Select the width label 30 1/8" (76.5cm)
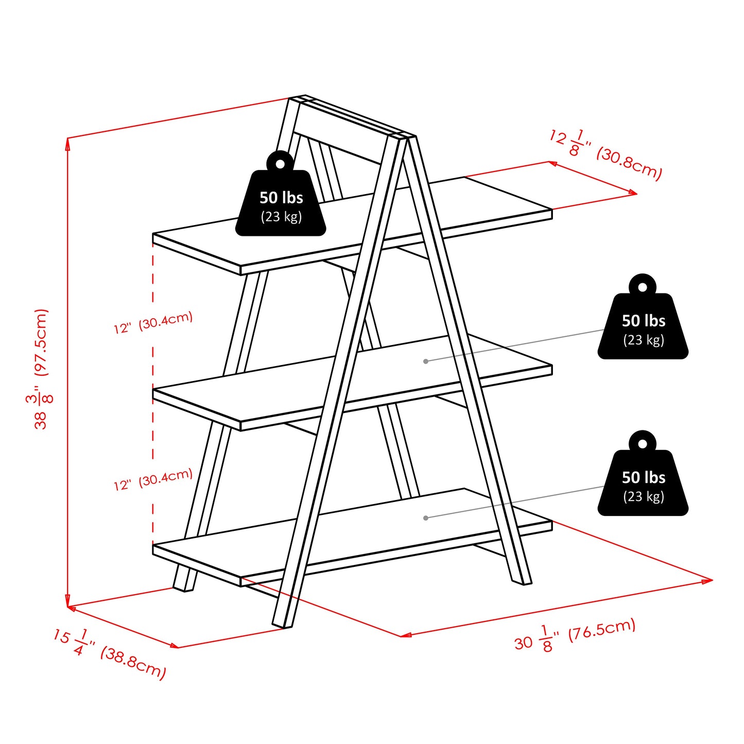click(575, 635)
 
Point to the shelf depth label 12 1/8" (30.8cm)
click(605, 155)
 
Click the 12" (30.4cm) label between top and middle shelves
click(153, 323)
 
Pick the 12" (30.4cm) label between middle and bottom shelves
click(153, 479)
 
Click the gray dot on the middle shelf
click(426, 361)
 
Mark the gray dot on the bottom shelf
click(426, 518)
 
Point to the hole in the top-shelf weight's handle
click(280, 164)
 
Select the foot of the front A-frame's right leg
click(521, 581)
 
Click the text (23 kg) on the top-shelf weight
click(281, 217)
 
